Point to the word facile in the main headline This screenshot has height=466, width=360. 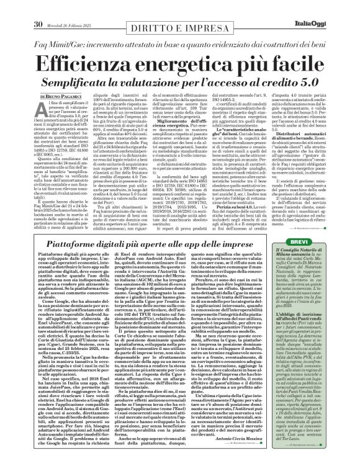(291, 46)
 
